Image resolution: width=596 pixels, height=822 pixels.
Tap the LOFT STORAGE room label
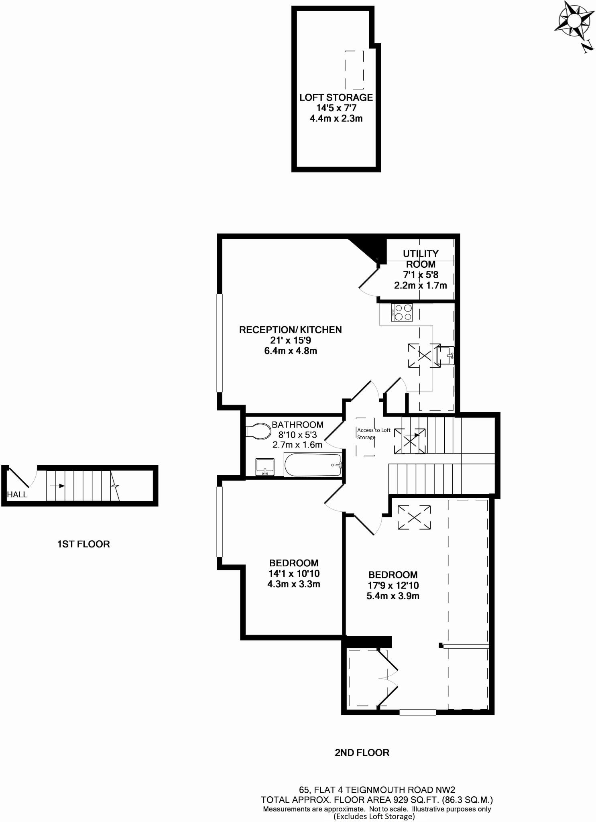point(336,98)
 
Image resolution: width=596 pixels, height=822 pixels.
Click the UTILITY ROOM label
point(420,259)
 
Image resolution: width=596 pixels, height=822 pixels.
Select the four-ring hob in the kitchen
point(402,313)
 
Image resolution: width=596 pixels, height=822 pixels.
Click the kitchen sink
point(445,355)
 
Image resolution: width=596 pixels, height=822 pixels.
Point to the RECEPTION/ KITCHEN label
point(290,330)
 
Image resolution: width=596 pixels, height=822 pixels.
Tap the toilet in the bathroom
point(258,431)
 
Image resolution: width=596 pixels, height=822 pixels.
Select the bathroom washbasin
point(265,467)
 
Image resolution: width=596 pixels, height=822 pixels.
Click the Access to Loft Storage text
point(373,433)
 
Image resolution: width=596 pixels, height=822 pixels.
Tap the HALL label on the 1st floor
point(17,494)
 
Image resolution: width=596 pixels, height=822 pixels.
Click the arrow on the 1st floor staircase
point(60,486)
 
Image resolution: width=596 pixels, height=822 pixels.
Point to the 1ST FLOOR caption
point(83,544)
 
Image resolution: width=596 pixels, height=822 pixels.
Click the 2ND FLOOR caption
point(362,753)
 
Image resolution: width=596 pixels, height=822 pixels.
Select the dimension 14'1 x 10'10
point(294,574)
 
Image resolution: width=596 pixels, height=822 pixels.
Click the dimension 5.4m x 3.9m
point(393,596)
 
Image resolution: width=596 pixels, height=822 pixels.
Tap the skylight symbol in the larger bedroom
point(414,517)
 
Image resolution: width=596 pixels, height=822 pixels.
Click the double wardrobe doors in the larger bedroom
point(388,678)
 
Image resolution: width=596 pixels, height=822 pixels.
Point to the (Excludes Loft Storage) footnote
point(374,816)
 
